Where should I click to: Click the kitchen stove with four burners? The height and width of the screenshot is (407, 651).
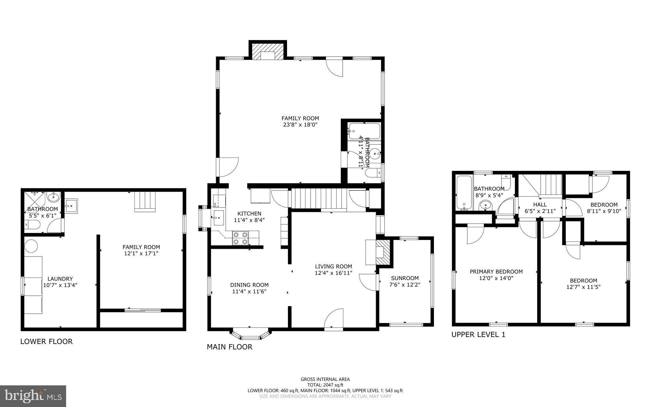tap(240, 238)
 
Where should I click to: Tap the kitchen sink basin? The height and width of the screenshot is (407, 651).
tap(218, 218)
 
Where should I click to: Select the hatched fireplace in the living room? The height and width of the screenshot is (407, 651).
tap(383, 252)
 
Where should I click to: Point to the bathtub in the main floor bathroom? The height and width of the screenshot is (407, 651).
tap(364, 131)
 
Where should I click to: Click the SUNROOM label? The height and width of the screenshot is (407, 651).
tap(405, 278)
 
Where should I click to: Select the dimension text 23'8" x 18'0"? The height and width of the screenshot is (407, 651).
tap(300, 125)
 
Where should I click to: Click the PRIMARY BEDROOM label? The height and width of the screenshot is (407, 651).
tap(496, 271)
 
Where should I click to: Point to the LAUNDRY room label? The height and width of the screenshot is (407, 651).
tap(60, 279)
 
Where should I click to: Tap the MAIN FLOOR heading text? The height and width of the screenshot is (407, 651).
tap(230, 347)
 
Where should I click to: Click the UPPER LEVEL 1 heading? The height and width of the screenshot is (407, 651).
tap(478, 334)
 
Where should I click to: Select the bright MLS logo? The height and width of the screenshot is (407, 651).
tap(33, 396)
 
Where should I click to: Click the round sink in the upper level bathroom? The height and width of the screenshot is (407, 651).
tap(485, 206)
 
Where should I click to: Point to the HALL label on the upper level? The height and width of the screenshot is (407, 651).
tap(540, 205)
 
